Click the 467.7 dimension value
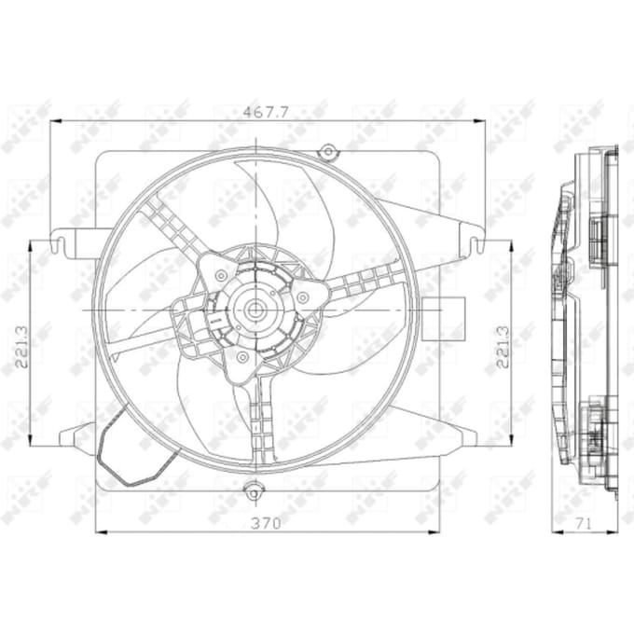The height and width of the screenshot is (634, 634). click(x=266, y=112)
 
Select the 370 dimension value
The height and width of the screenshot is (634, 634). click(x=266, y=524)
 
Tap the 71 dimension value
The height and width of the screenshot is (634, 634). click(x=584, y=524)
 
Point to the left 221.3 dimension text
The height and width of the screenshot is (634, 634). click(x=21, y=347)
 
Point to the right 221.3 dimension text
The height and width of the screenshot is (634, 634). click(x=503, y=347)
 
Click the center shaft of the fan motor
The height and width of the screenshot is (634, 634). click(x=255, y=310)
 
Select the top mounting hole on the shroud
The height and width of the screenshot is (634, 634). click(x=329, y=152)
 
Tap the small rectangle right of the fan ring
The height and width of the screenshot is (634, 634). click(x=443, y=319)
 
